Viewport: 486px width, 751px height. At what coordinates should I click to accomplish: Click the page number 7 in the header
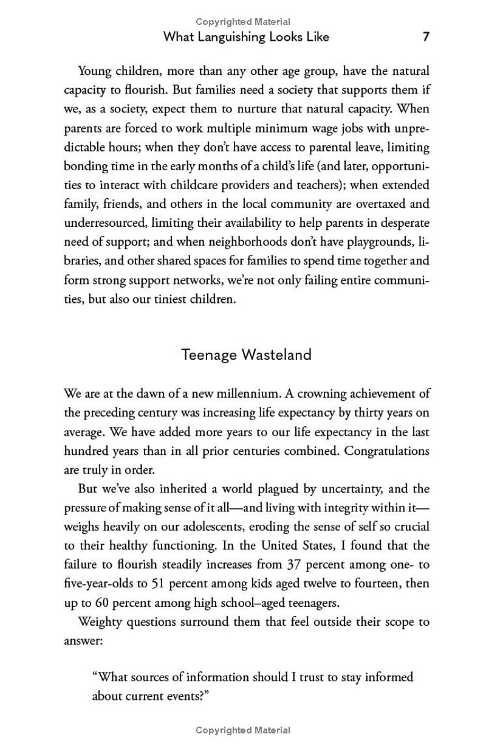pos(426,36)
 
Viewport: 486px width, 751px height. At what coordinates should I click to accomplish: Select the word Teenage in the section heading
pos(209,355)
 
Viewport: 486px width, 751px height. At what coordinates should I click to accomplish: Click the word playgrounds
pos(380,242)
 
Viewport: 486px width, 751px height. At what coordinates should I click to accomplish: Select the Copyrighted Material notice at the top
pos(243,22)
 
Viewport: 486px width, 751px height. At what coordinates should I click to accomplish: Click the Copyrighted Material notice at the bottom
pos(243,730)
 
